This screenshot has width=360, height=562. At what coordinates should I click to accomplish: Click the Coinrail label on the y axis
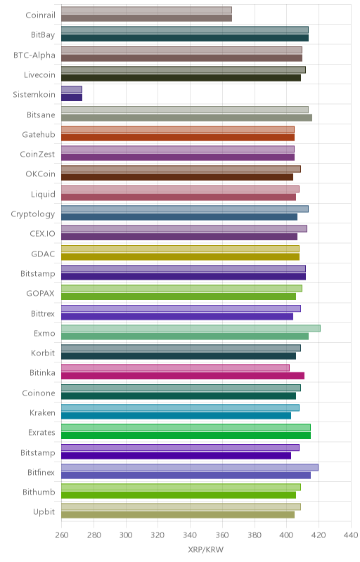(41, 15)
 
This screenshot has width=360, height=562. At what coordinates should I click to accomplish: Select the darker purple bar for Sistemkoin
(72, 98)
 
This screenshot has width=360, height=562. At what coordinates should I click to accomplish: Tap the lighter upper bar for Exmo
(191, 328)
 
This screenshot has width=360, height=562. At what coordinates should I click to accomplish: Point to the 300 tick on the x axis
(126, 535)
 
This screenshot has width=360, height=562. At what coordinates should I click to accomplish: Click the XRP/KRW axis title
(206, 550)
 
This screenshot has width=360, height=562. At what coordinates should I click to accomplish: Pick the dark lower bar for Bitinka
(183, 376)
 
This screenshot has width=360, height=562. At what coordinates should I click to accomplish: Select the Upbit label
(44, 512)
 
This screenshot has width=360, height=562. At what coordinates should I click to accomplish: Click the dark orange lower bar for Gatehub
(178, 137)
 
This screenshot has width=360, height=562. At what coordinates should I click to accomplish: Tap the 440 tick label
(351, 535)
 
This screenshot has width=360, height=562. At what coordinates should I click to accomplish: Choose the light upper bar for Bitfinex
(190, 467)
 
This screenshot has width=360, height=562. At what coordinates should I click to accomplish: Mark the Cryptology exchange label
(33, 214)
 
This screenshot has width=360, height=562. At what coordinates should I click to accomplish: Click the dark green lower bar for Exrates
(186, 436)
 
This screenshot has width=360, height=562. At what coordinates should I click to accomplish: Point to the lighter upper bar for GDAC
(181, 249)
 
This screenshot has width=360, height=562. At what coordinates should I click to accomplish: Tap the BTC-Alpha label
(34, 55)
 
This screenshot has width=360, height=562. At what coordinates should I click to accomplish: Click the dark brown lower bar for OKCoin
(177, 177)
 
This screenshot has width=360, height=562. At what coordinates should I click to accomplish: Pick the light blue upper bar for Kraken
(181, 408)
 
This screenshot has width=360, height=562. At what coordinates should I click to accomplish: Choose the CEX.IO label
(43, 234)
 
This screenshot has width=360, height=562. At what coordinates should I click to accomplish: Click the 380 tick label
(255, 535)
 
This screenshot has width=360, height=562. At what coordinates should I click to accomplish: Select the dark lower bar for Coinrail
(147, 18)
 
